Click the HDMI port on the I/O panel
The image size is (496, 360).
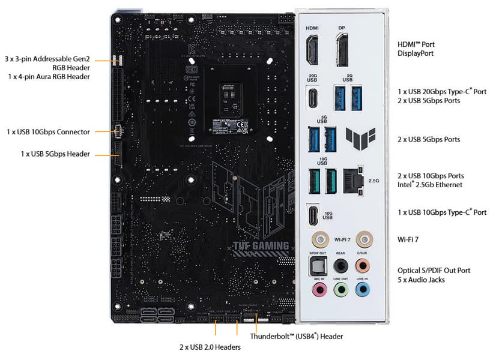pos(312,51)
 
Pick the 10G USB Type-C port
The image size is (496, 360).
pos(313,215)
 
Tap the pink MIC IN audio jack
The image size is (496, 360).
pos(318,290)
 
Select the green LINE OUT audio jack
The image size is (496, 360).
pos(340,290)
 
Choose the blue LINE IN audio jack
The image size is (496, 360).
pos(362,290)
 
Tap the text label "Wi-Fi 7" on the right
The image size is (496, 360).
pos(408,239)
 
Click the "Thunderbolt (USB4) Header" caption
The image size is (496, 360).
pos(297,337)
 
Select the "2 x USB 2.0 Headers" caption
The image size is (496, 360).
pos(210,347)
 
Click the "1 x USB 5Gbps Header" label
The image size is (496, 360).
pos(55,154)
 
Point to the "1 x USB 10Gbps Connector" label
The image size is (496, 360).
pos(48,131)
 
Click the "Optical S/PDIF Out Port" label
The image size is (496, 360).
pos(434,270)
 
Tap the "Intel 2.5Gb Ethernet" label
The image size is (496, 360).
pos(430,185)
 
